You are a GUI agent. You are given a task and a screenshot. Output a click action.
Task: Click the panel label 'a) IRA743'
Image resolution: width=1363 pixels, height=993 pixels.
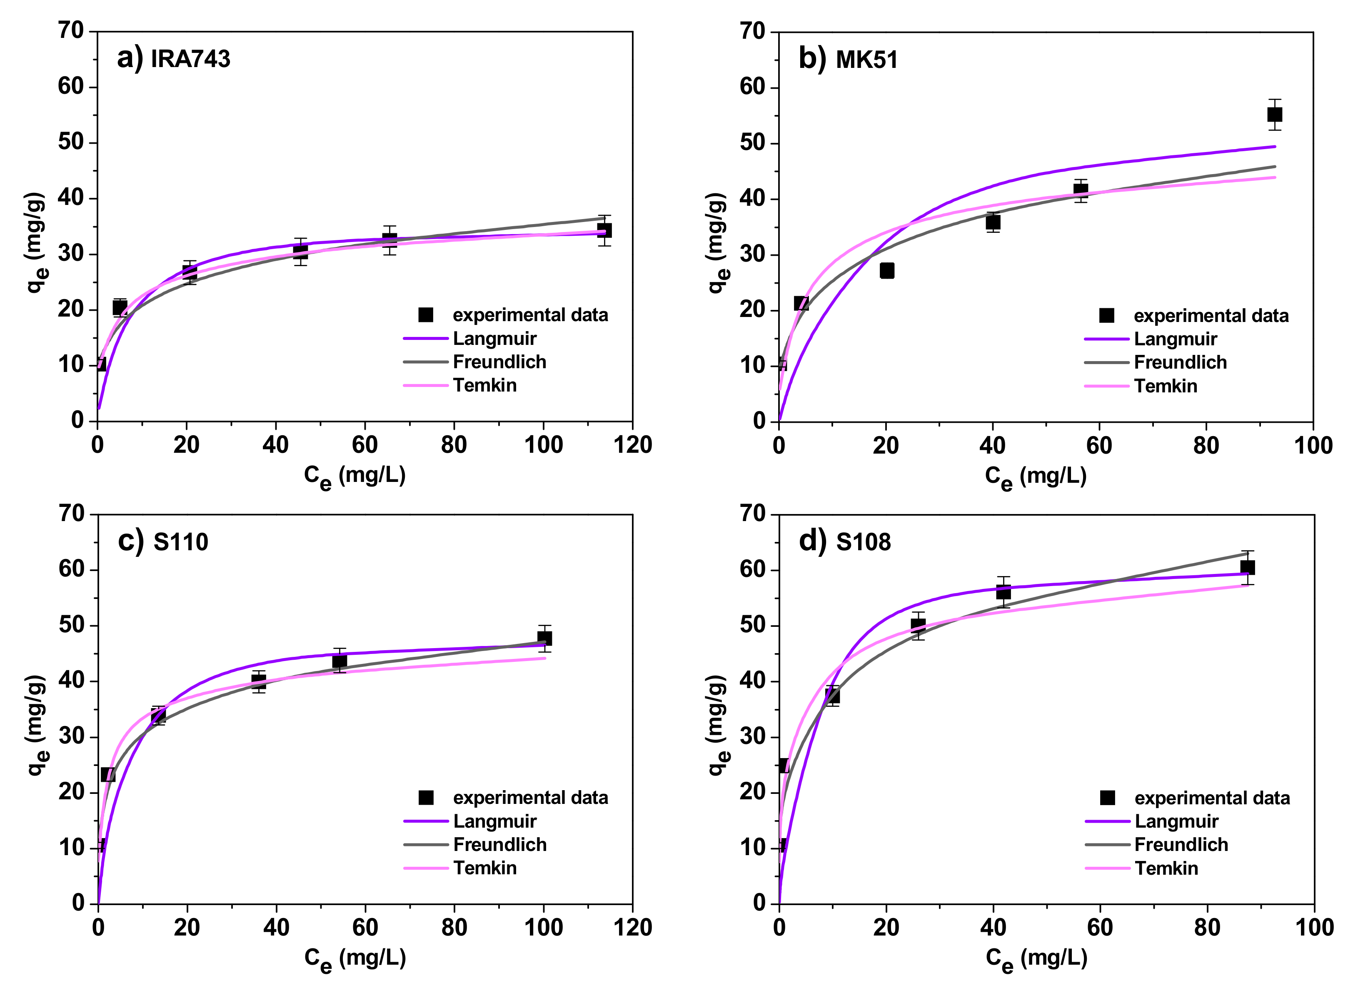click(x=173, y=59)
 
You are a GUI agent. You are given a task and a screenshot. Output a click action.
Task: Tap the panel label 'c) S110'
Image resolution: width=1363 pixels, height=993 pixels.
click(x=163, y=541)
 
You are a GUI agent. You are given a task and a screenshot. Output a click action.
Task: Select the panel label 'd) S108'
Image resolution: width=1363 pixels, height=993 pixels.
click(x=844, y=541)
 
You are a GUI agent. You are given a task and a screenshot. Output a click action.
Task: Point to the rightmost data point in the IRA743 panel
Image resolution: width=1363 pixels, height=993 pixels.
click(x=604, y=230)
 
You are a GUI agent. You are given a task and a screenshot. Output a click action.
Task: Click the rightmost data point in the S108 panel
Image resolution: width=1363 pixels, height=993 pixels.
click(x=1247, y=567)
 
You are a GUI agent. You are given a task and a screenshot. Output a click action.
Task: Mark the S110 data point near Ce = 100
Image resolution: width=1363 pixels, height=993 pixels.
click(x=544, y=638)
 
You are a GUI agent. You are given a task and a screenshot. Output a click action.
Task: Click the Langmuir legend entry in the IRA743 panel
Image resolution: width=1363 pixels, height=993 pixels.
click(x=494, y=338)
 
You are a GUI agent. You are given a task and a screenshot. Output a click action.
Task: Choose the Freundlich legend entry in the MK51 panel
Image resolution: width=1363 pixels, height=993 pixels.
click(x=1180, y=362)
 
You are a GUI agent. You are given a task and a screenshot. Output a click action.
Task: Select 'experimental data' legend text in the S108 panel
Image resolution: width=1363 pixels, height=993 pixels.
click(x=1211, y=798)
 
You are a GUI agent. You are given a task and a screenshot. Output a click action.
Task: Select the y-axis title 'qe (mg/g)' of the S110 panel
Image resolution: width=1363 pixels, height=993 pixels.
click(x=37, y=725)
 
